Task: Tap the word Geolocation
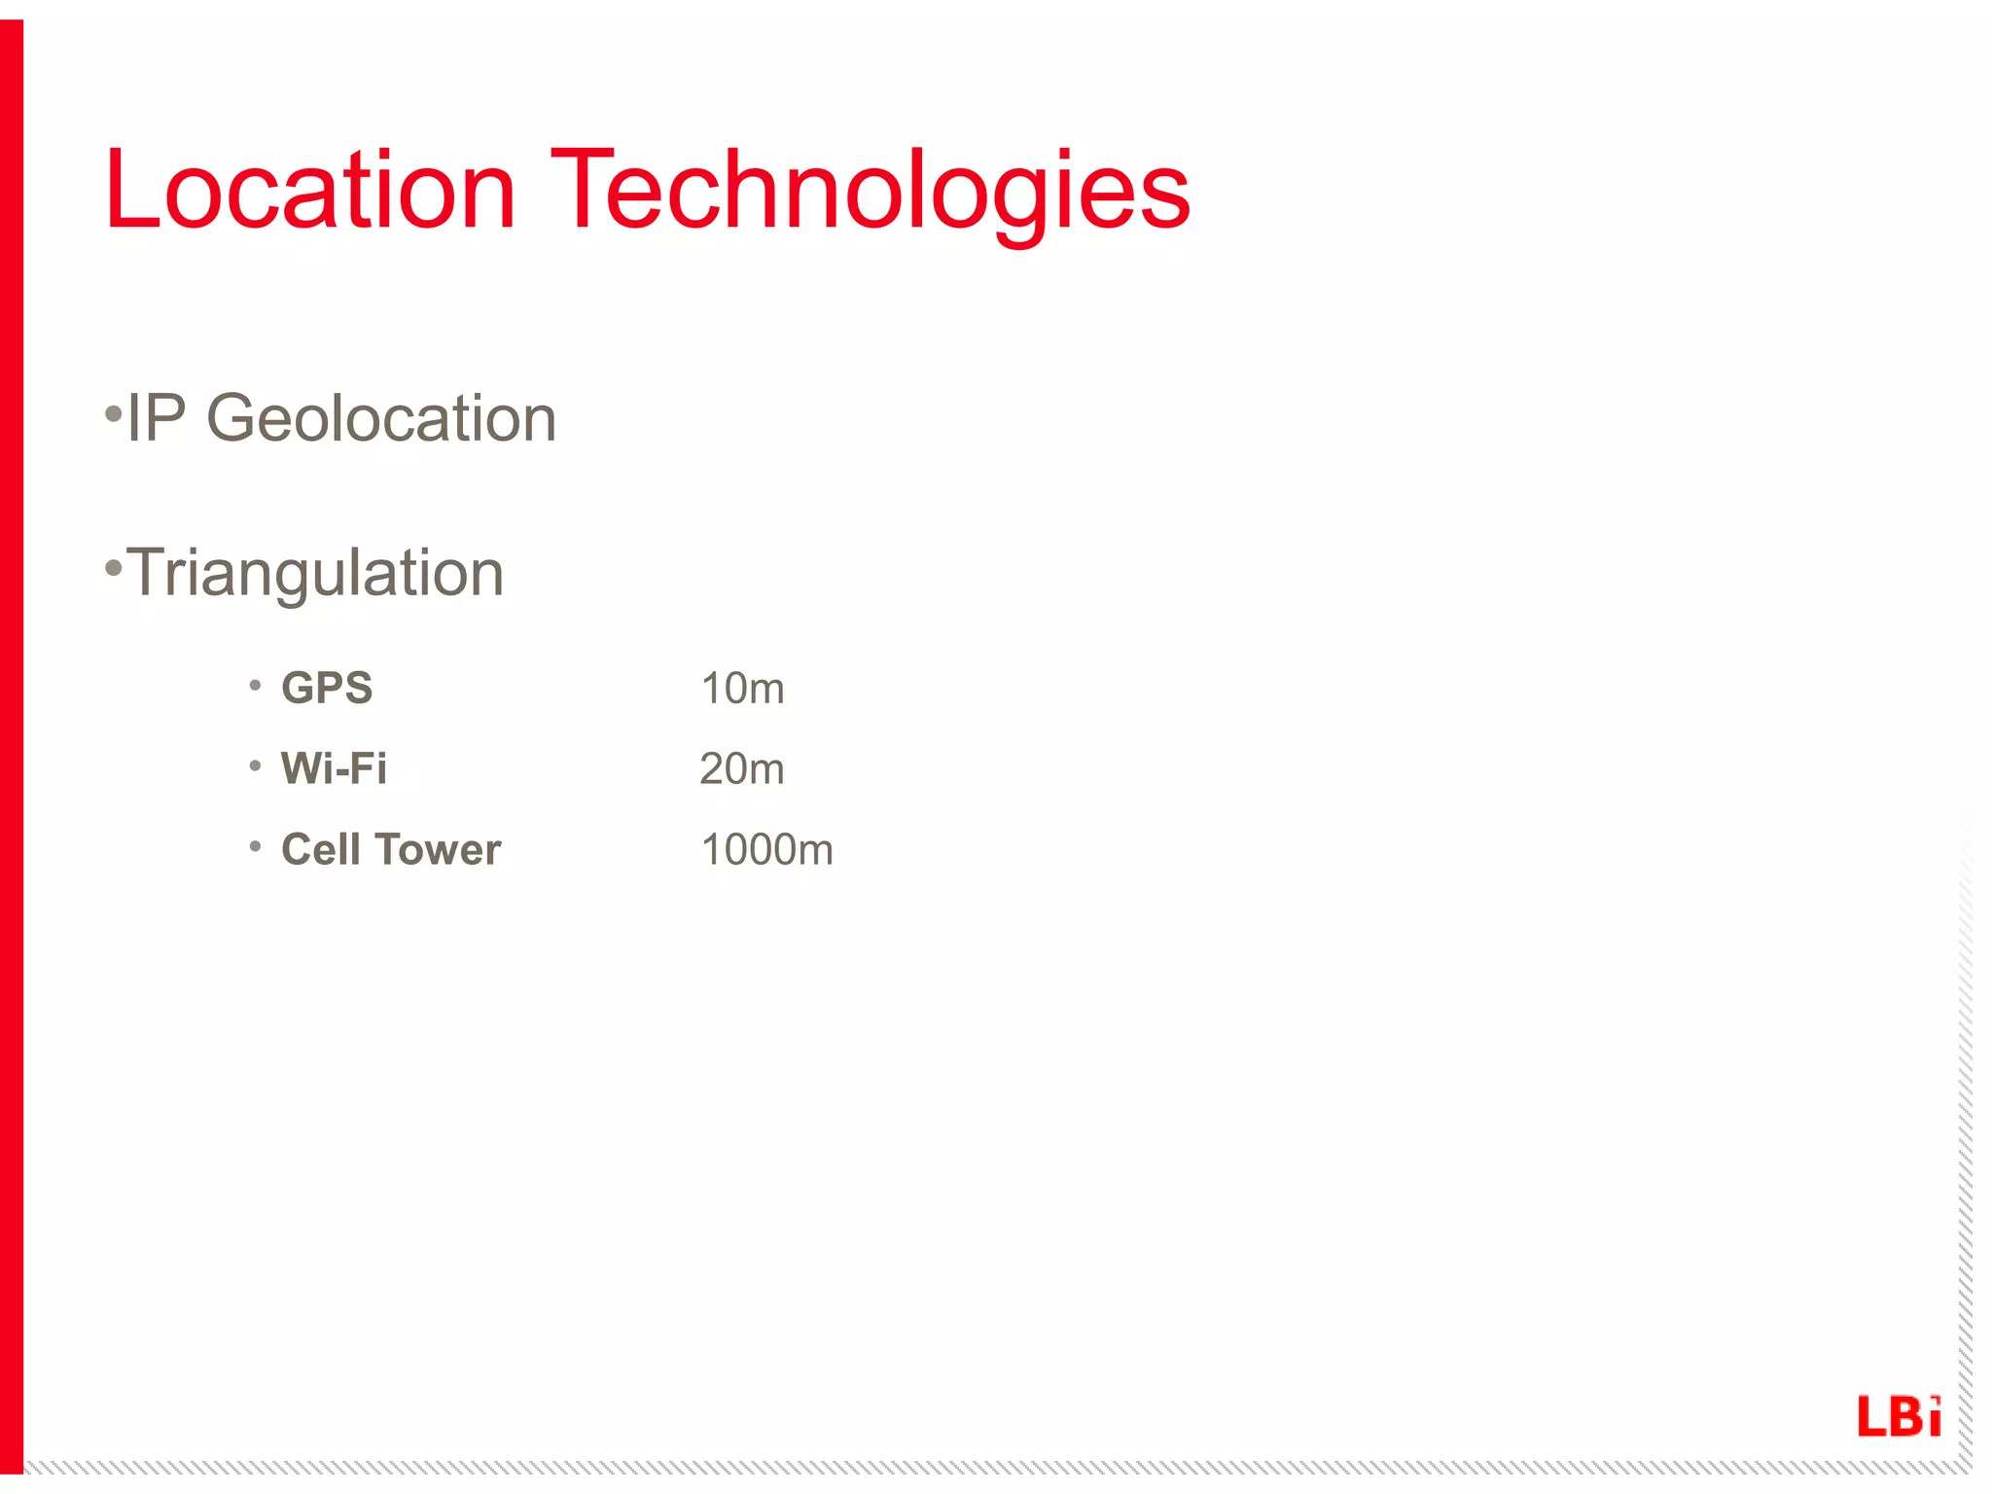click(x=381, y=419)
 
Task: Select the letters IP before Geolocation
click(x=156, y=419)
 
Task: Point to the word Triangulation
click(x=315, y=573)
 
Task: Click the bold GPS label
click(x=327, y=689)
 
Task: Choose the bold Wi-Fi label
click(x=334, y=768)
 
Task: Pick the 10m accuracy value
click(x=742, y=689)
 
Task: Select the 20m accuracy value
click(x=742, y=769)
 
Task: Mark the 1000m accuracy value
click(x=766, y=850)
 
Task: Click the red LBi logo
click(x=1899, y=1416)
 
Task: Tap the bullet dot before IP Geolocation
click(x=114, y=415)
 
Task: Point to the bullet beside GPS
click(x=255, y=686)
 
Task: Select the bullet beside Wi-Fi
click(x=255, y=766)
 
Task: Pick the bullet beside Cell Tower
click(x=255, y=847)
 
